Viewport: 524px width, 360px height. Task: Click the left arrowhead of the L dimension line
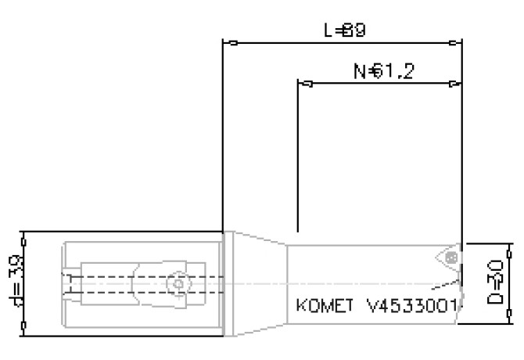[x=228, y=42]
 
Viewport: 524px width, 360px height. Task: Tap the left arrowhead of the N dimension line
[x=304, y=83]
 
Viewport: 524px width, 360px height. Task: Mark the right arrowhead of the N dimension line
[x=457, y=83]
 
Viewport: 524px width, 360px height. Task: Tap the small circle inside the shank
[x=179, y=283]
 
